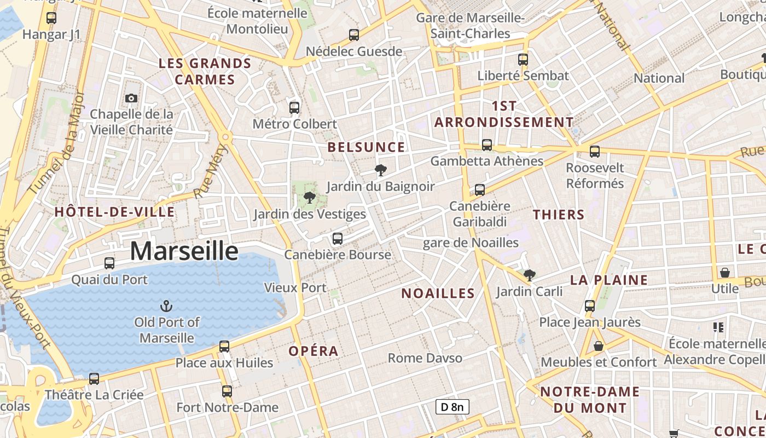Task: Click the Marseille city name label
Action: point(184,251)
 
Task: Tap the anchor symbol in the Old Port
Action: point(166,306)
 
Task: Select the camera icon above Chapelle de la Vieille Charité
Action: point(131,98)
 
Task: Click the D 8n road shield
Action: point(452,407)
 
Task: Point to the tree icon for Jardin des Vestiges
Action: point(309,198)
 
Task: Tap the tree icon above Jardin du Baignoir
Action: point(380,170)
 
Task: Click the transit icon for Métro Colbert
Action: point(294,107)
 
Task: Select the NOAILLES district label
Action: point(438,293)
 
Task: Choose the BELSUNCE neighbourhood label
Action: point(366,147)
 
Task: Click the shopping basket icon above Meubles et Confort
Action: point(599,346)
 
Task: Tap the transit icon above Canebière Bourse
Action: point(338,238)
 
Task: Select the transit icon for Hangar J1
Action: point(51,18)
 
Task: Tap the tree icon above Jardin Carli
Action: point(529,275)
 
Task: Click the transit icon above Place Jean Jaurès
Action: point(590,306)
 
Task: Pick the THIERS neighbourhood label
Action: point(559,215)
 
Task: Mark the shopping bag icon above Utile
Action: point(725,272)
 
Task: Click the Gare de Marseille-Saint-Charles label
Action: point(471,26)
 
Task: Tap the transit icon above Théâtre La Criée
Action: point(94,378)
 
